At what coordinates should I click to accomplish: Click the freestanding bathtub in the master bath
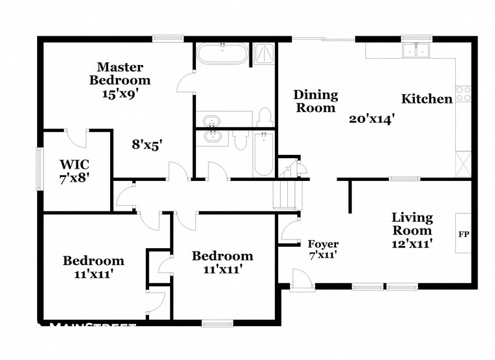click(222, 53)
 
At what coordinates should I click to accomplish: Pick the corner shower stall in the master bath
click(264, 53)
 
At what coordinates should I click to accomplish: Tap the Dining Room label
click(316, 102)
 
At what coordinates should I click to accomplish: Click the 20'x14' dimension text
click(373, 119)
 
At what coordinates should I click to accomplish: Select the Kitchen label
click(427, 99)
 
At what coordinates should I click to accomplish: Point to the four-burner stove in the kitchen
click(463, 94)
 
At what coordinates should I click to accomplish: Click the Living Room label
click(412, 224)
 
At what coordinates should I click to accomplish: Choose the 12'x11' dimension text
click(412, 244)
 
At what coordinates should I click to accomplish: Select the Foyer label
click(323, 244)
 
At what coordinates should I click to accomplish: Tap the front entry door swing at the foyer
click(301, 280)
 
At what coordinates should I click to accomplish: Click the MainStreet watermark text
click(91, 326)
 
